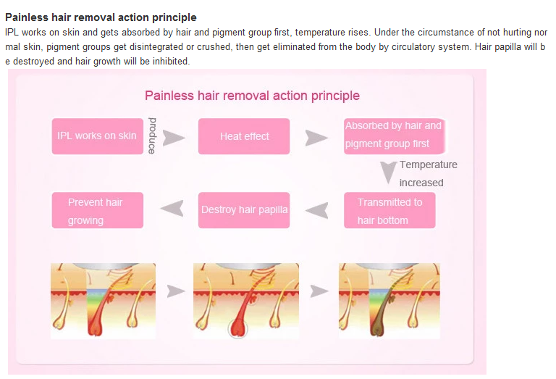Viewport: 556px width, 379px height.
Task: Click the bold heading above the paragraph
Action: pos(101,17)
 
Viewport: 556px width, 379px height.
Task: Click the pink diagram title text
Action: pos(252,96)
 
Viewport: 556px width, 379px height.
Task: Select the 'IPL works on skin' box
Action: pos(97,136)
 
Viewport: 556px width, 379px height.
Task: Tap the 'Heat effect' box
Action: pos(244,136)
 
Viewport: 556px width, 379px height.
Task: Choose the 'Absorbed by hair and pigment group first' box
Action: pos(392,136)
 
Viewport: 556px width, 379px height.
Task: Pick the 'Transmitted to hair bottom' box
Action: pos(389,211)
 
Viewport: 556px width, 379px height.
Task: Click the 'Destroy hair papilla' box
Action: pos(244,210)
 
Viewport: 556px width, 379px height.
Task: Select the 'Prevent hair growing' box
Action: pos(97,211)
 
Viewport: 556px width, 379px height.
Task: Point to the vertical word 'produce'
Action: pos(152,135)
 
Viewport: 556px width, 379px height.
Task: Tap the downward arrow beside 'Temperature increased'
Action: pos(389,172)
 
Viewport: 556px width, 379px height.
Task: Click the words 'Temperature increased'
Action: pos(427,173)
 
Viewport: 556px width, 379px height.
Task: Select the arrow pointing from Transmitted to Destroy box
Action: pos(316,210)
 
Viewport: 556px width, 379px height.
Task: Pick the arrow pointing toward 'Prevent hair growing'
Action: pos(171,209)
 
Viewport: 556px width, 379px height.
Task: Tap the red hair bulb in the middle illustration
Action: pos(238,328)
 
